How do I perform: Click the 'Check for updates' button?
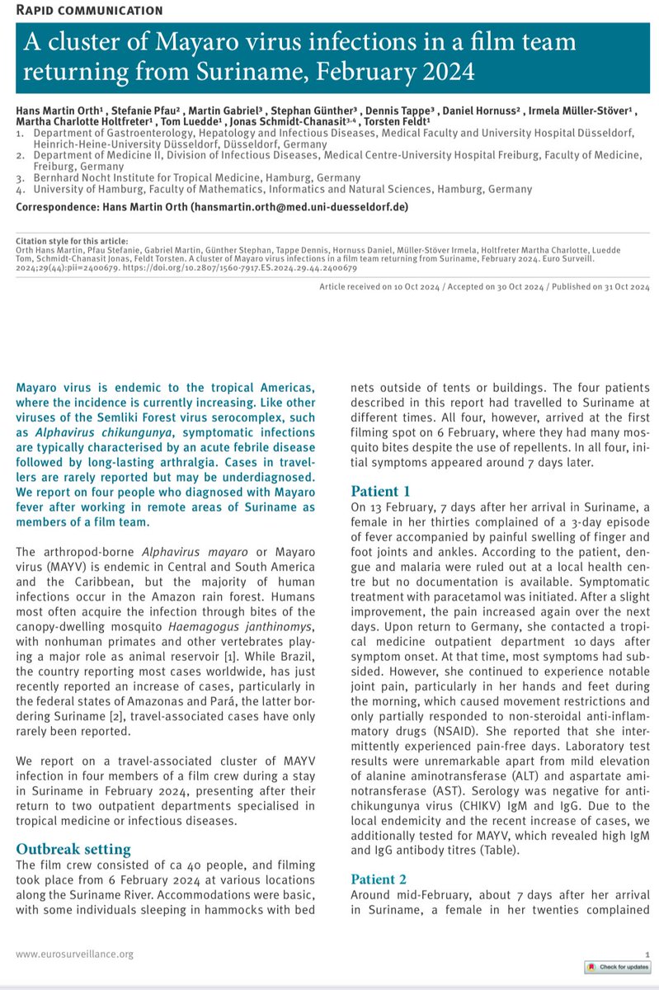click(618, 967)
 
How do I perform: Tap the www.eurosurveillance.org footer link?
click(74, 954)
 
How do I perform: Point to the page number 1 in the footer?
click(647, 954)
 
